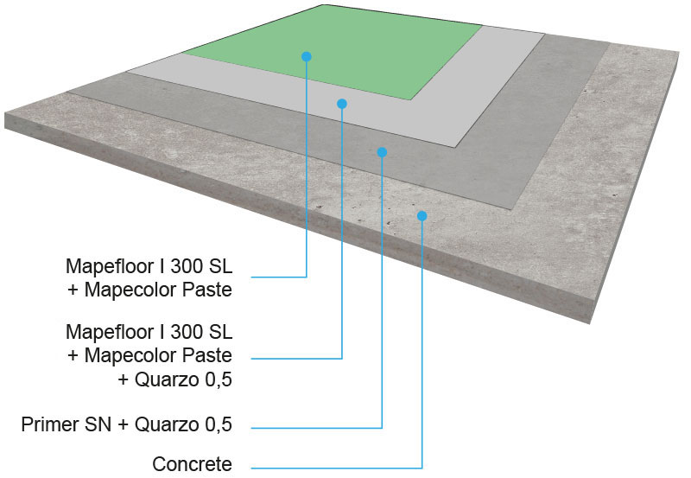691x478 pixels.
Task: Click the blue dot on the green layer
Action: (307, 56)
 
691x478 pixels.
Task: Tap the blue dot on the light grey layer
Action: (342, 104)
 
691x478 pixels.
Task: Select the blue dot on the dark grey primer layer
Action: (382, 152)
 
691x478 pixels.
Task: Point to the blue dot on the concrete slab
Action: (422, 215)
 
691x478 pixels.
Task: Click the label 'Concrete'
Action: (192, 464)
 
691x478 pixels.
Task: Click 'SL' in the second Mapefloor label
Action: (220, 332)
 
